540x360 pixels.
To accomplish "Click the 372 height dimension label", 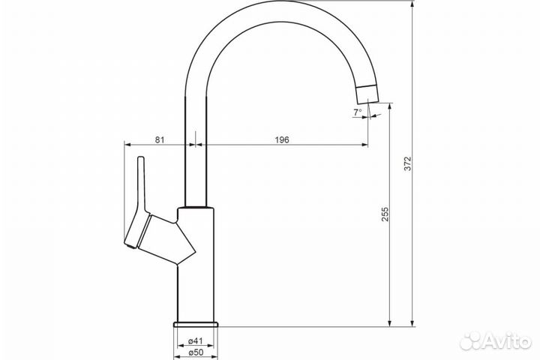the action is [407, 163].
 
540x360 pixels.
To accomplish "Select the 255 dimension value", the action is [385, 214].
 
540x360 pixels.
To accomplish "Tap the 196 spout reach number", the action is [282, 139].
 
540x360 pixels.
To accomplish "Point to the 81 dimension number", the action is [160, 139].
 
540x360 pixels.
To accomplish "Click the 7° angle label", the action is [358, 112].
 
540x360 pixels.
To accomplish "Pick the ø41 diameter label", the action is [196, 341].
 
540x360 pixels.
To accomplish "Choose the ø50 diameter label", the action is [196, 352].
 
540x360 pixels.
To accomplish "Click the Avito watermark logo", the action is [496, 341].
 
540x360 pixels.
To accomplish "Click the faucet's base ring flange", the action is [196, 324].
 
